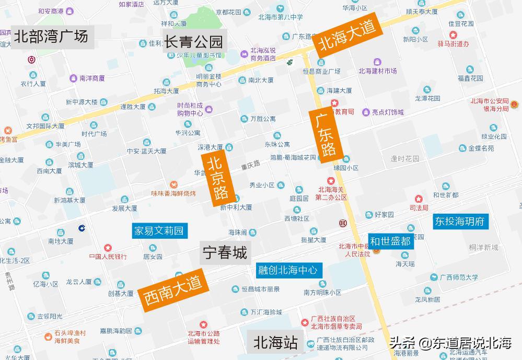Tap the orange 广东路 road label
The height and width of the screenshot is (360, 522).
(326, 135)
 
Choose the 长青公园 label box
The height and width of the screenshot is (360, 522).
(194, 41)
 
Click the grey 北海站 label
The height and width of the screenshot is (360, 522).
(276, 342)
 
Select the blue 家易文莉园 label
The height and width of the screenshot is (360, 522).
(159, 230)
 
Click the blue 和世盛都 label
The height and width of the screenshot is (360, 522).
(391, 241)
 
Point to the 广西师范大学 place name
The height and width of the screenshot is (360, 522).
(458, 277)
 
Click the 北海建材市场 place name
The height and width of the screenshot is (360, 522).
(377, 71)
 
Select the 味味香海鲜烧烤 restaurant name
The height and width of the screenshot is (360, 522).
(173, 193)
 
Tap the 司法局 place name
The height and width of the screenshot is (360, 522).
(419, 207)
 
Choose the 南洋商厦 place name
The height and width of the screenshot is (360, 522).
(92, 78)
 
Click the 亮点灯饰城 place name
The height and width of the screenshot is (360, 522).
(387, 112)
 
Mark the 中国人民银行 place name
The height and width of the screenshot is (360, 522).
(108, 257)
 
